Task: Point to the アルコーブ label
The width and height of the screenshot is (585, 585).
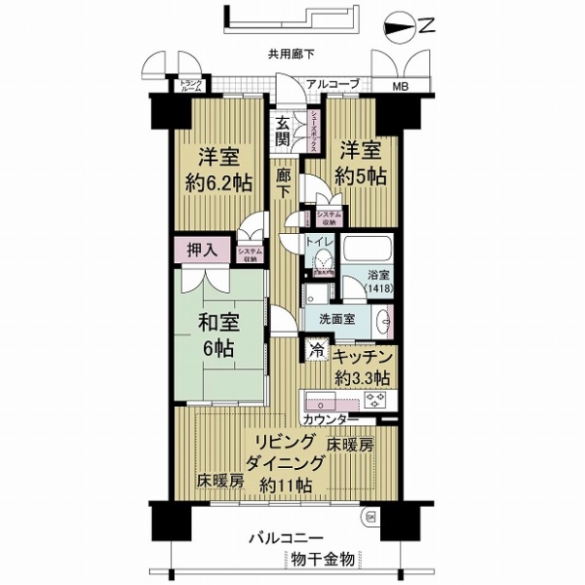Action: pyautogui.click(x=332, y=85)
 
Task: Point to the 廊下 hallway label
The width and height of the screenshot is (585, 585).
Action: pyautogui.click(x=284, y=184)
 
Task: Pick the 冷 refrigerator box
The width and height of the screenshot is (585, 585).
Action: pyautogui.click(x=316, y=348)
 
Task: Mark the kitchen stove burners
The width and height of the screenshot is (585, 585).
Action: pyautogui.click(x=374, y=400)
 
